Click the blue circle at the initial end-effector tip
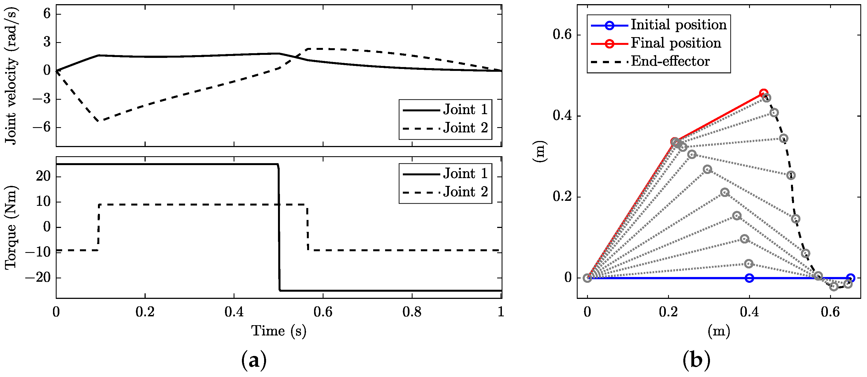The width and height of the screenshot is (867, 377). pyautogui.click(x=851, y=278)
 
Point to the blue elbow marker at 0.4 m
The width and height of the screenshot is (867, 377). pyautogui.click(x=749, y=278)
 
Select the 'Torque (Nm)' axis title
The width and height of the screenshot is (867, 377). pyautogui.click(x=11, y=227)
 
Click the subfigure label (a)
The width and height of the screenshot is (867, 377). pyautogui.click(x=254, y=361)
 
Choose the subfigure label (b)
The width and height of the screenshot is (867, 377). pyautogui.click(x=696, y=361)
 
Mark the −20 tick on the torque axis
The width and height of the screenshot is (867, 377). pyautogui.click(x=39, y=278)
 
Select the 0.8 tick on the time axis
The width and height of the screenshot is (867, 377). pyautogui.click(x=412, y=312)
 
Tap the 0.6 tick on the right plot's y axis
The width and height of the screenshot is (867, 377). pyautogui.click(x=562, y=35)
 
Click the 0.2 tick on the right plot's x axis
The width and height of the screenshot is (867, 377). pyautogui.click(x=668, y=312)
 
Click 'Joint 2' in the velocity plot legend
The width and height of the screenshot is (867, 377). pyautogui.click(x=465, y=128)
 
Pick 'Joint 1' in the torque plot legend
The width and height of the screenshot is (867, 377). pyautogui.click(x=465, y=174)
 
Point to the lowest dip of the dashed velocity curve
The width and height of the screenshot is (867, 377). pyautogui.click(x=98, y=121)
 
